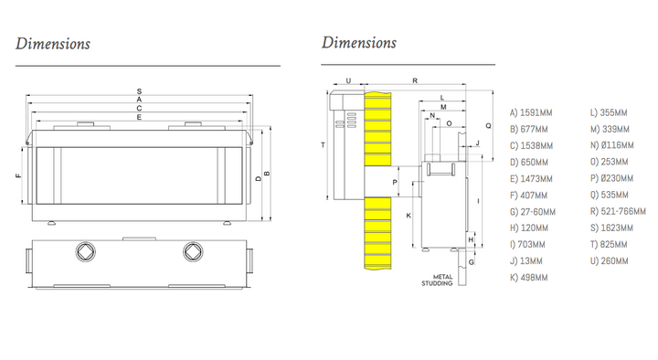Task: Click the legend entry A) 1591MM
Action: click(531, 113)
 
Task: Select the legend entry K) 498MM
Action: click(529, 278)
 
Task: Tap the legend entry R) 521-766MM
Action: click(618, 211)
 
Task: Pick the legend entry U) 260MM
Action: click(609, 261)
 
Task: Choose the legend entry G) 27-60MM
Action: click(533, 212)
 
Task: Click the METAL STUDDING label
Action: click(437, 281)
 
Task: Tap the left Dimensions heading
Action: click(53, 44)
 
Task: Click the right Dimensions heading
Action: click(359, 42)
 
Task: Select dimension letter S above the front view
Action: click(139, 91)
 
